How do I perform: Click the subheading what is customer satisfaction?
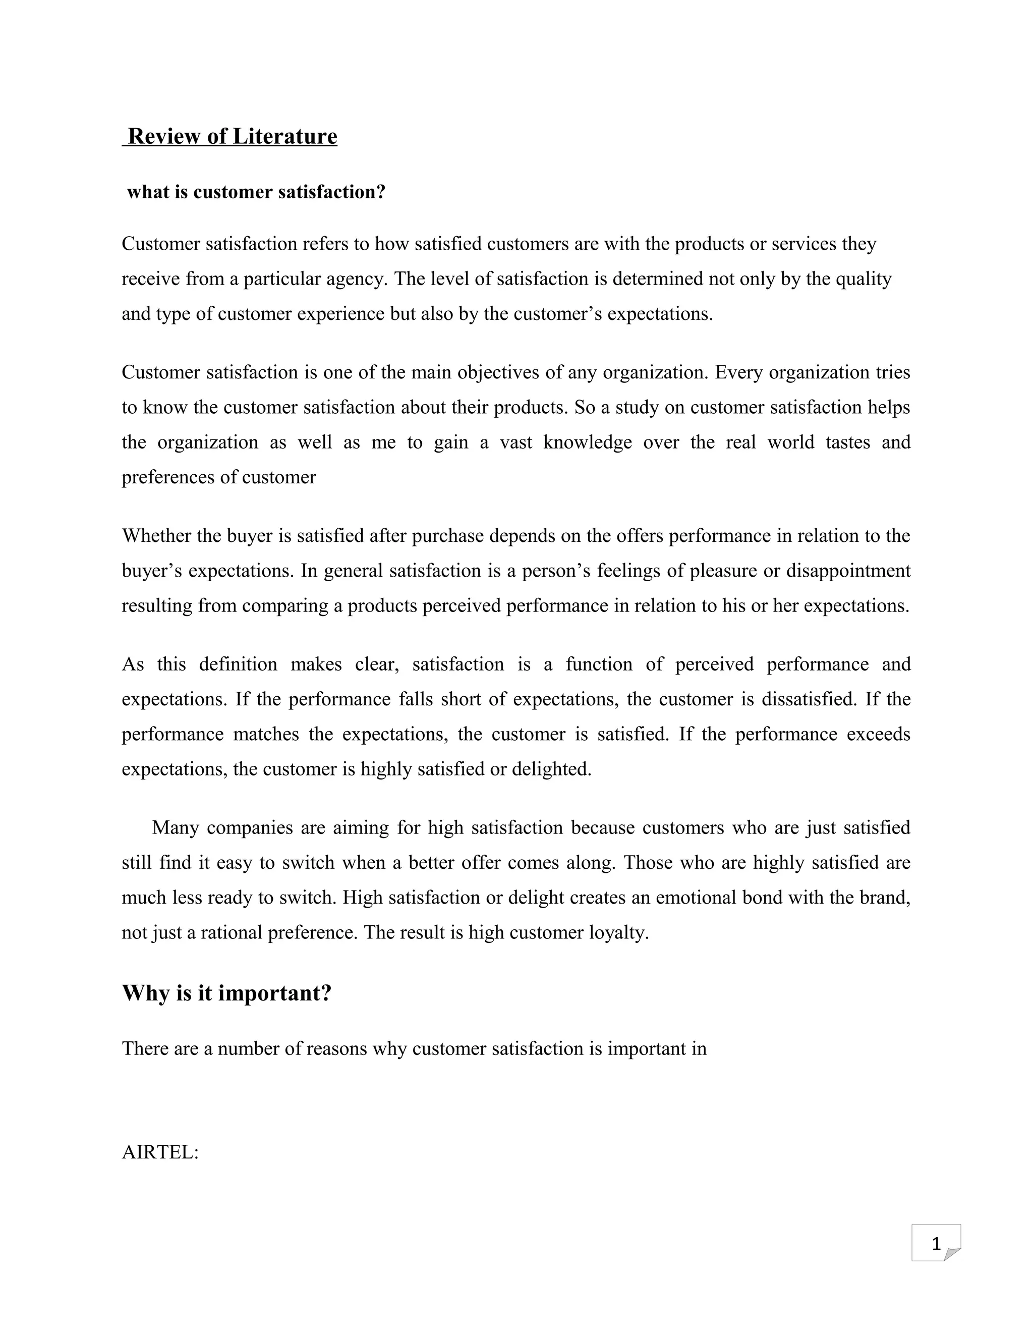(256, 192)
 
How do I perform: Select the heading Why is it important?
(226, 992)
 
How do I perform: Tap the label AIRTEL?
(160, 1152)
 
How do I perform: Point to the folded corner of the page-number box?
(952, 1254)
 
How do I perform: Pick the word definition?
(238, 664)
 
